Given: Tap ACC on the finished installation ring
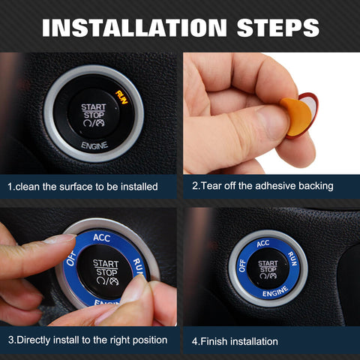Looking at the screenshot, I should [262, 244].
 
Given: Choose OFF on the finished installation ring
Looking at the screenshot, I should [241, 265].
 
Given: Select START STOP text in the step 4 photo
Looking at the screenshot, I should [268, 266].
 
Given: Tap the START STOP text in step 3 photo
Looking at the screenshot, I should [106, 268].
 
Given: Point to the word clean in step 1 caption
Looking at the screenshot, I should [27, 186].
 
